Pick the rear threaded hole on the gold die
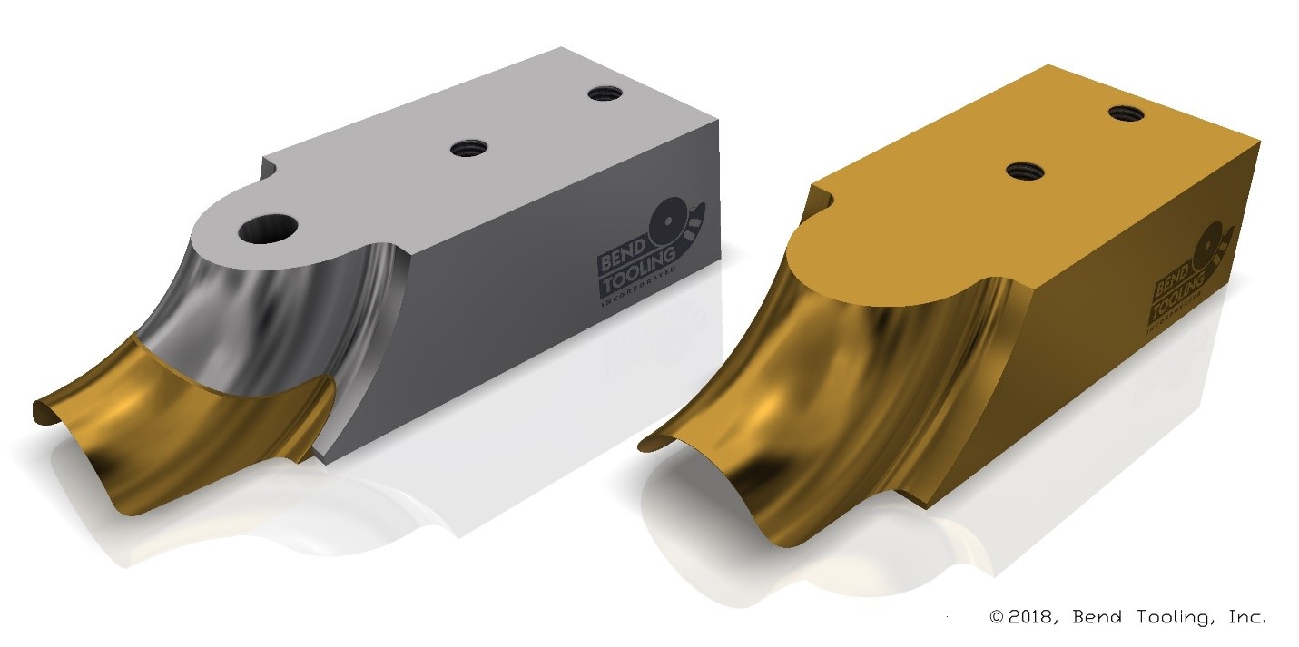[x=1125, y=113]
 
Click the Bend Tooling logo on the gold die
[x=1189, y=271]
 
